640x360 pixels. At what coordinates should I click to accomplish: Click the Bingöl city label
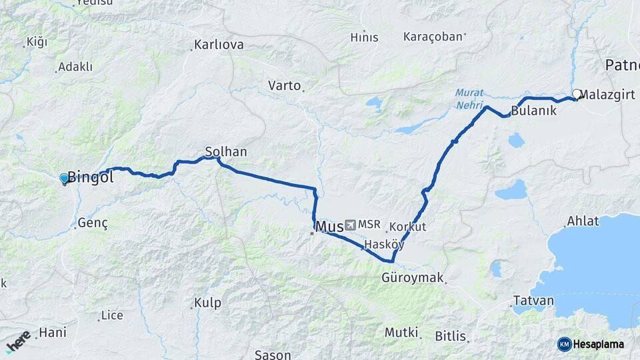coord(91,178)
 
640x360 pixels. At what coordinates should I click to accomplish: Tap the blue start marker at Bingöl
coord(65,179)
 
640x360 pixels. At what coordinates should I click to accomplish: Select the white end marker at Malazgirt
coord(577,95)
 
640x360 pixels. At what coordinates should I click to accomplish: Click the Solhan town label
coord(226,152)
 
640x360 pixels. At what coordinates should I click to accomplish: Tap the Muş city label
coord(329,227)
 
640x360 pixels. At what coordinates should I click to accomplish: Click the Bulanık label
coord(533,111)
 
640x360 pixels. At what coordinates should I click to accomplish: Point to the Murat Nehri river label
coord(469,99)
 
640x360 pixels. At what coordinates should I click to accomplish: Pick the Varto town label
coord(285,85)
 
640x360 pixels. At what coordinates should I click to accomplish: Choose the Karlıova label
coord(218,45)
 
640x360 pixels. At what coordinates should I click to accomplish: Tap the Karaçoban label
coord(433,37)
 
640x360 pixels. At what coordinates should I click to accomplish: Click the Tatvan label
coord(533,301)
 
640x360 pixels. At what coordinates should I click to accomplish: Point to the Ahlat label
coord(583,221)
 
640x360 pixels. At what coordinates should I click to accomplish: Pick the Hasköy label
coord(382,245)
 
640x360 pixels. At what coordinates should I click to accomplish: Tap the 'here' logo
coord(19,342)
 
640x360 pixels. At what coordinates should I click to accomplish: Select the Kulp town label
coord(207,303)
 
